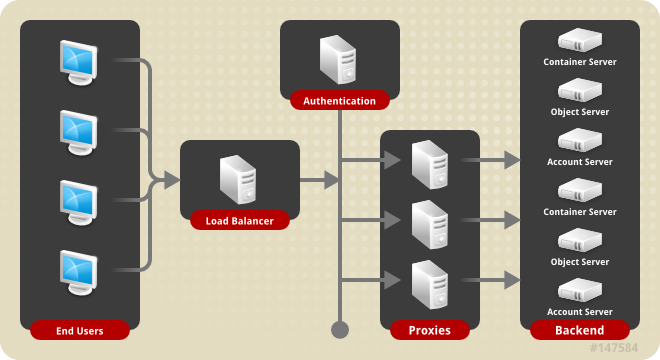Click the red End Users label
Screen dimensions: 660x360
click(80, 331)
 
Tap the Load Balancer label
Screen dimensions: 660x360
click(240, 221)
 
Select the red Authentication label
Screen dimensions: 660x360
click(340, 101)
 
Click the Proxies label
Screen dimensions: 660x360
click(430, 330)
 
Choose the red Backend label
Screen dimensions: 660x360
click(580, 330)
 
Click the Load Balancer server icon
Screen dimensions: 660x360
click(238, 179)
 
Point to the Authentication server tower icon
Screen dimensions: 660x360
click(338, 59)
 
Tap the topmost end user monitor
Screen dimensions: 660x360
click(79, 63)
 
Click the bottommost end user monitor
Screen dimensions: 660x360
click(79, 273)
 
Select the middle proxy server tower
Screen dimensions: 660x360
click(430, 225)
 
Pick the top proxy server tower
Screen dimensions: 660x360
click(430, 165)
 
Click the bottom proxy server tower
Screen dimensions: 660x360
click(430, 285)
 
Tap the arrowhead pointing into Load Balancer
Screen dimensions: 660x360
click(172, 180)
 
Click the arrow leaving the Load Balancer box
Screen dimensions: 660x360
click(319, 180)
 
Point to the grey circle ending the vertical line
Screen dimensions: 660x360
click(340, 330)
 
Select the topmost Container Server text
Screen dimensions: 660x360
click(580, 62)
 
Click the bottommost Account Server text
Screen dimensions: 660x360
click(580, 312)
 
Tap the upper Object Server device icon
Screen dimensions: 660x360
click(580, 90)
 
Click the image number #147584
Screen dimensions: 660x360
click(614, 348)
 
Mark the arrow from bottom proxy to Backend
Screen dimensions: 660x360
click(490, 280)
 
